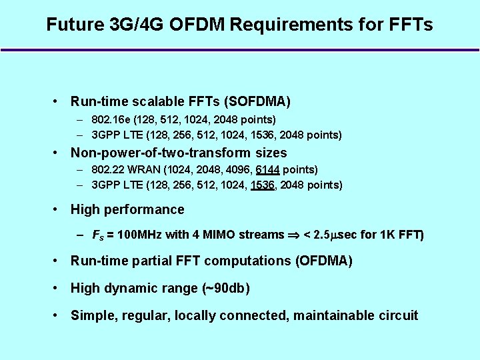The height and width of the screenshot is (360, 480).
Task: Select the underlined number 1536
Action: [263, 185]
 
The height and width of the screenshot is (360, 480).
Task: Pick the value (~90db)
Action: [225, 288]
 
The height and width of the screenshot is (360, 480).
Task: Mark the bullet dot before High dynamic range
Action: [59, 288]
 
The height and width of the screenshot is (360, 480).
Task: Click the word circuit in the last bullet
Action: [397, 315]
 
